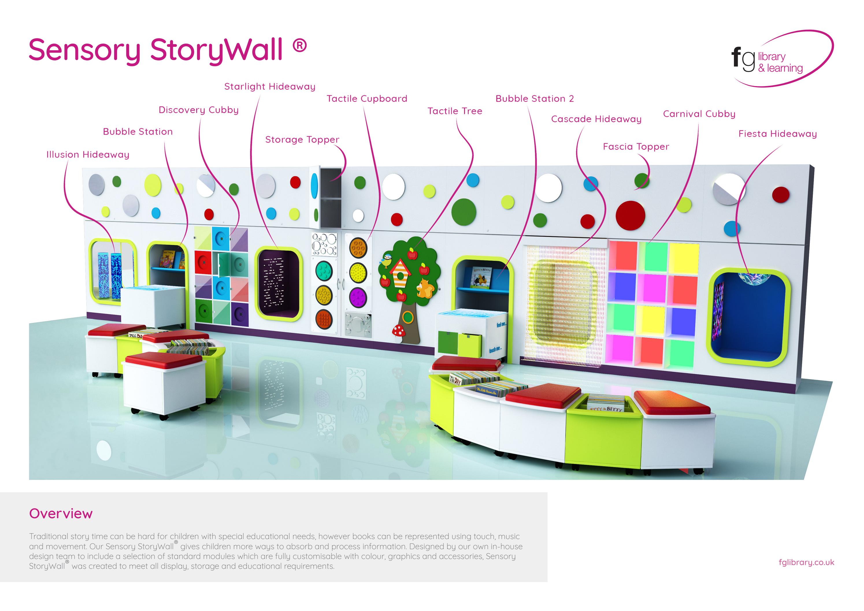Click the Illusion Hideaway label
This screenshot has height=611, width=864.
tap(88, 155)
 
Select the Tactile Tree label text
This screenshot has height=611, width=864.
tap(455, 111)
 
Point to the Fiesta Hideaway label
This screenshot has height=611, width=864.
tap(777, 134)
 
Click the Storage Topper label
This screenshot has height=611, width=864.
tap(302, 140)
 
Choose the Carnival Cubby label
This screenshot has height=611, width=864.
tap(699, 114)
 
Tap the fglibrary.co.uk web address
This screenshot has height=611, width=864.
tap(806, 562)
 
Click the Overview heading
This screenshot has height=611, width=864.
tap(61, 514)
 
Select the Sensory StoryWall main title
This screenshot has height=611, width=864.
tap(168, 50)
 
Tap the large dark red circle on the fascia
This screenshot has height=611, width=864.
tap(630, 216)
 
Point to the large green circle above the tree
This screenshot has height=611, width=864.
tap(463, 211)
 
